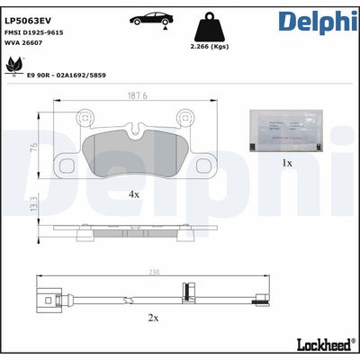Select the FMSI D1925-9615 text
(41, 31)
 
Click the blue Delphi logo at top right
(316, 22)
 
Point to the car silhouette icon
(151, 19)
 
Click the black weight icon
(209, 25)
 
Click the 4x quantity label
(133, 193)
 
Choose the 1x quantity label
(287, 163)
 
